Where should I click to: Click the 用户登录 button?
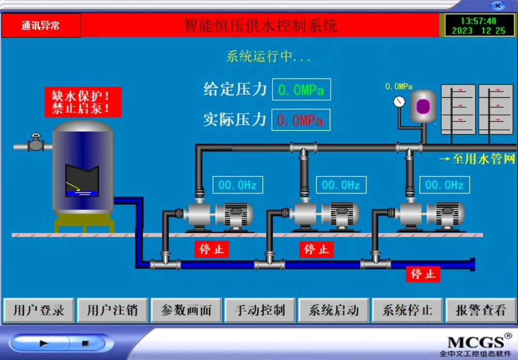pos(39,310)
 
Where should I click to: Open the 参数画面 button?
pos(186,310)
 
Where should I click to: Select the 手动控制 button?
pos(260,310)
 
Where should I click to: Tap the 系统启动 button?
pos(333,310)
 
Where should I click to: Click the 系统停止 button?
pos(407,310)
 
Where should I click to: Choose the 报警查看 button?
pos(480,310)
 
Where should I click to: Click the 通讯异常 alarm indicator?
pos(41,25)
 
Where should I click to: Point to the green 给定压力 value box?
pos(301,90)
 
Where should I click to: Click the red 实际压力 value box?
pos(301,120)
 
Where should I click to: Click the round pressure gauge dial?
pos(399,101)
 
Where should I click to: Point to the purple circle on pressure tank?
pos(423,106)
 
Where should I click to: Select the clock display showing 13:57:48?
pos(478,25)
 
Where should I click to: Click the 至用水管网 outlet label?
pos(477,159)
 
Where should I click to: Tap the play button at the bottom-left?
pos(44,343)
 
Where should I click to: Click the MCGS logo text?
pos(475,342)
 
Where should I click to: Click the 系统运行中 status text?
pos(268,57)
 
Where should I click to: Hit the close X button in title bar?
pos(497,6)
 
